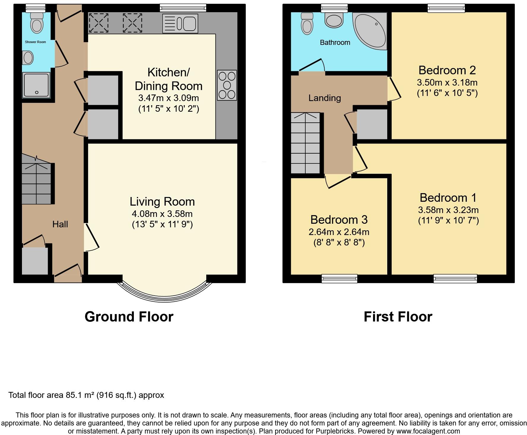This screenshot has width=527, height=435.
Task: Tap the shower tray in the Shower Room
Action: click(x=36, y=86)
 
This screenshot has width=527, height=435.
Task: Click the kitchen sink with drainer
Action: click(x=180, y=23)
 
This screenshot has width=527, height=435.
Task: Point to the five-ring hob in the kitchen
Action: click(x=227, y=85)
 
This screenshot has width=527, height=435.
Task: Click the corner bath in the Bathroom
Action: click(x=370, y=31)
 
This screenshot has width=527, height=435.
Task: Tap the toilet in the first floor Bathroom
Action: click(x=307, y=23)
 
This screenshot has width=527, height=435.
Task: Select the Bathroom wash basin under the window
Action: click(x=334, y=20)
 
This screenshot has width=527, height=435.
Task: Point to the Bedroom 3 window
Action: click(x=339, y=278)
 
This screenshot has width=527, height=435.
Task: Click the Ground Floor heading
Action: click(x=129, y=317)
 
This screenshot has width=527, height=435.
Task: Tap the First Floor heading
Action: click(x=398, y=317)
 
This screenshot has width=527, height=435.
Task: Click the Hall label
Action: click(x=60, y=224)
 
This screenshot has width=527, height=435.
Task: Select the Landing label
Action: click(x=325, y=98)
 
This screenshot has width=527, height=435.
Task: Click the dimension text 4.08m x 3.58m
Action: click(x=162, y=214)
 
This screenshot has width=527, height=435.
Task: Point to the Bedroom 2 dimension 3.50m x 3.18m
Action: click(x=447, y=82)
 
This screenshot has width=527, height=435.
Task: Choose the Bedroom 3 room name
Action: click(x=339, y=220)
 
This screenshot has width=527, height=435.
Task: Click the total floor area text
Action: click(x=86, y=395)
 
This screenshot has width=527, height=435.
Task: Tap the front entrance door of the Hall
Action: click(x=68, y=272)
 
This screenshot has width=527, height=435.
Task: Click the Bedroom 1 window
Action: click(x=455, y=278)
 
